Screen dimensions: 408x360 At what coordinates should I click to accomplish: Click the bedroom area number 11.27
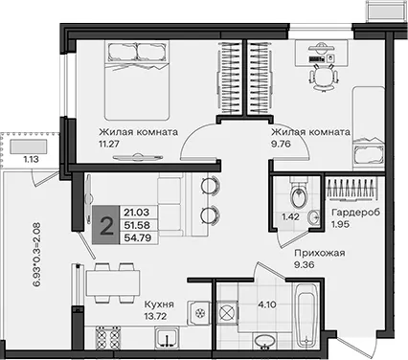(x=109, y=144)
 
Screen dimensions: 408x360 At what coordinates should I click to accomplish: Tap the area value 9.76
(x=281, y=144)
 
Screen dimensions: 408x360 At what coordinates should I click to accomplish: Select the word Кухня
(x=159, y=304)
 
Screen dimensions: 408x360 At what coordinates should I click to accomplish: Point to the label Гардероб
(x=356, y=213)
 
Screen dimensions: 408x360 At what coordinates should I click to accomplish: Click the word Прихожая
(x=320, y=253)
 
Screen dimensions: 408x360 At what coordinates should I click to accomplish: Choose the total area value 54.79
(x=137, y=237)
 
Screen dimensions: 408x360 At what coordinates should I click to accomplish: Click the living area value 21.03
(x=137, y=213)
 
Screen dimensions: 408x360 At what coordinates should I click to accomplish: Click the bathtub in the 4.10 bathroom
(x=306, y=316)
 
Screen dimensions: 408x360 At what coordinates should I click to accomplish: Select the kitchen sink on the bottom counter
(x=167, y=339)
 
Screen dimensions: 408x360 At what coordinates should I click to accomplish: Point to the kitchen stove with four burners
(x=108, y=339)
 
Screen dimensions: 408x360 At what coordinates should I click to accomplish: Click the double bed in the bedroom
(x=137, y=80)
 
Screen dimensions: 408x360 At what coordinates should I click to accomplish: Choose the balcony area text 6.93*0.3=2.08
(x=37, y=256)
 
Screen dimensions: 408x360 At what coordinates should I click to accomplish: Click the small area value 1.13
(x=32, y=159)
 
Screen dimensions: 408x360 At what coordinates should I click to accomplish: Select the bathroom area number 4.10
(x=267, y=304)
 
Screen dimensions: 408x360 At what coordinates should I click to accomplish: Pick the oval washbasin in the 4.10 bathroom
(x=265, y=341)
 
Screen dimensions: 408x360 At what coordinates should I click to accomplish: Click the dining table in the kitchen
(x=113, y=282)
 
